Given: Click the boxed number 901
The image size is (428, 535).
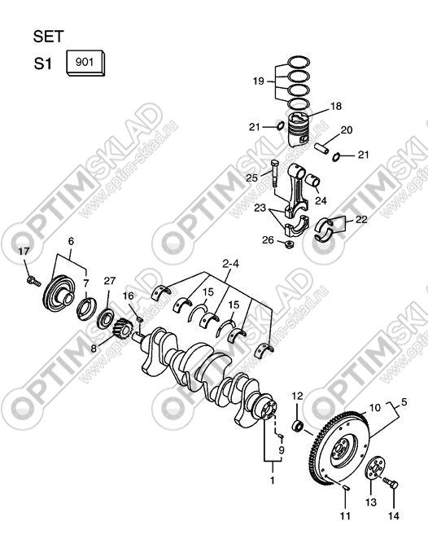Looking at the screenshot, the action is [x=85, y=62].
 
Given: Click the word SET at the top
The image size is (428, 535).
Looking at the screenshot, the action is [x=49, y=37].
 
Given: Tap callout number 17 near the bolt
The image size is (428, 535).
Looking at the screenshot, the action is [x=24, y=252].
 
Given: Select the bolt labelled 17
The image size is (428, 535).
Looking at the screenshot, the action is [x=33, y=281].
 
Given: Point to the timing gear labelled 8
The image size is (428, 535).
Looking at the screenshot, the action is [x=123, y=328].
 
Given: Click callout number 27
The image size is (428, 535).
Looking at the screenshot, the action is [x=110, y=281].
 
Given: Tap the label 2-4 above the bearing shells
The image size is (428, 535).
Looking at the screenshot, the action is [x=230, y=264].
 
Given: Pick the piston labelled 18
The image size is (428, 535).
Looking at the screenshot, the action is [x=299, y=129].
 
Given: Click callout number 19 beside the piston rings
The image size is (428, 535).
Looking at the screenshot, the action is [x=259, y=81].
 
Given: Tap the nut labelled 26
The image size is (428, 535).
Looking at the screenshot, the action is [x=290, y=244].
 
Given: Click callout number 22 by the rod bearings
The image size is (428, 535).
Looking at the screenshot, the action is [x=361, y=219].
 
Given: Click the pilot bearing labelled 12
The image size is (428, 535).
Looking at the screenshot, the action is [x=299, y=426].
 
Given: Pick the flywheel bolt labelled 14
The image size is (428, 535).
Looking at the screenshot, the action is [x=391, y=482].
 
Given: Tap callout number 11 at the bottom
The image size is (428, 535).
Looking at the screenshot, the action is [x=345, y=515].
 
